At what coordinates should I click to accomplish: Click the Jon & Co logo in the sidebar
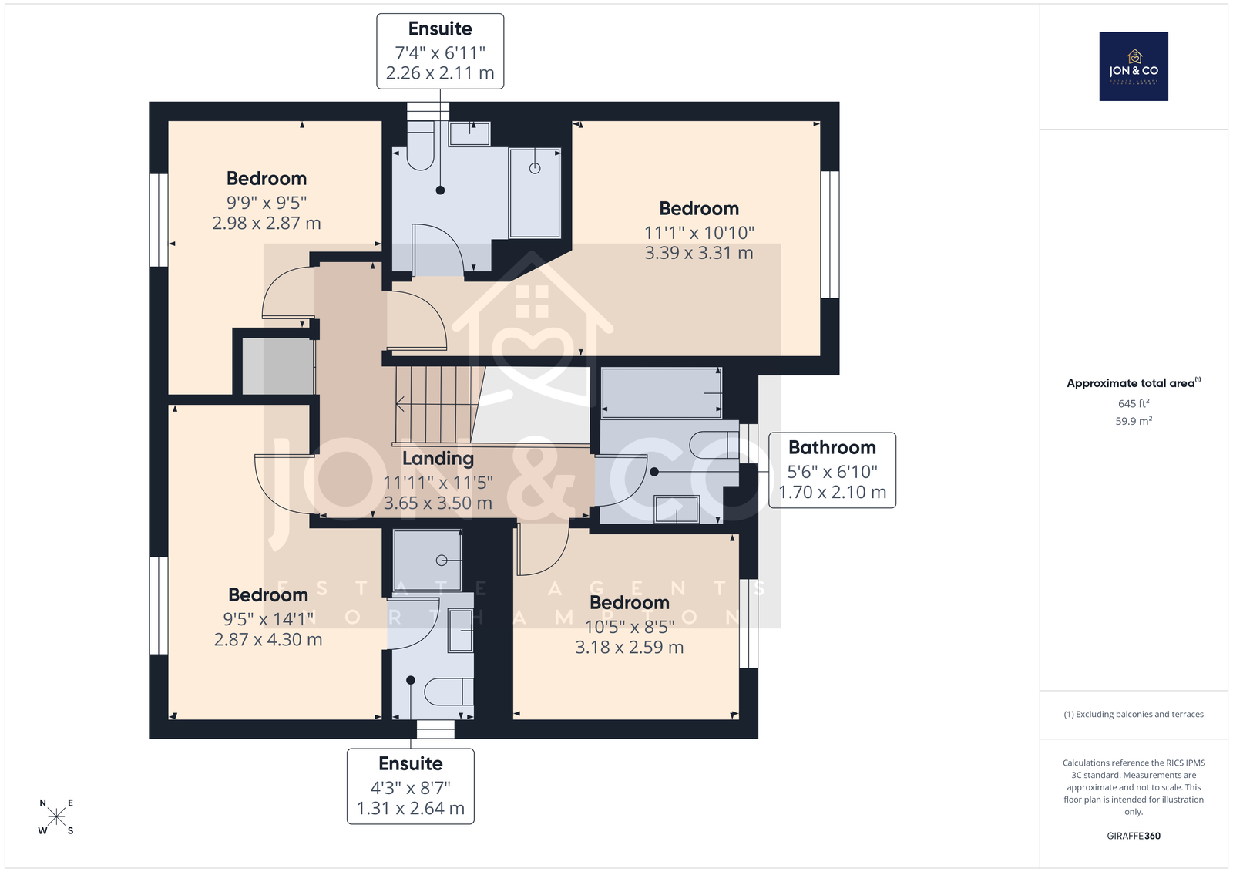coord(1134,66)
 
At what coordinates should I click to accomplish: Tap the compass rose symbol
coord(56,816)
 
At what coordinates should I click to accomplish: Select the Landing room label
coord(438,458)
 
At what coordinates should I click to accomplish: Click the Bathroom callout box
coord(832,470)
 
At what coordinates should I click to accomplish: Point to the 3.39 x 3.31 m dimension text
coord(698,253)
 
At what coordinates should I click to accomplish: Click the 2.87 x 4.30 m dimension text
coord(268,639)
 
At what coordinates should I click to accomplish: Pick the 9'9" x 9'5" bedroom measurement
coord(267,203)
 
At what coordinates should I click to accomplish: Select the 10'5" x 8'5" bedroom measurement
coord(629,627)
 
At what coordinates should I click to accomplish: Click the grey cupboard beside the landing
coord(278,365)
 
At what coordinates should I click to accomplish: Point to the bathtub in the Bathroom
coord(661,393)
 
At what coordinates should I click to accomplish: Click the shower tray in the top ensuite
coord(535,193)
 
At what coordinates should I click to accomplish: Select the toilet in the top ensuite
coord(420,146)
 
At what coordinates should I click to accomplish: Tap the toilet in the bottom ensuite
coord(448,692)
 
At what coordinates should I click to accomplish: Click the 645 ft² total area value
coord(1134,403)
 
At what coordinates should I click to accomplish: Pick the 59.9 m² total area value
coord(1134,421)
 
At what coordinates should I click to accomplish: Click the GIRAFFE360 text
coord(1134,836)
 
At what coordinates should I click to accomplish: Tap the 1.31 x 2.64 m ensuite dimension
coord(411,808)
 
